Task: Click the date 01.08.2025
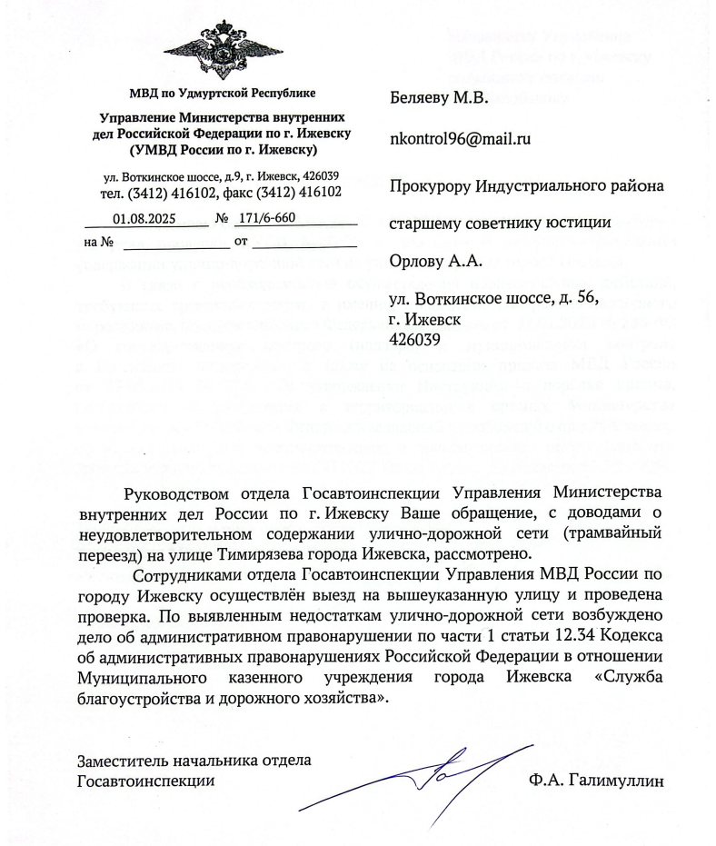tap(146, 218)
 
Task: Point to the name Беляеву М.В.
tap(439, 98)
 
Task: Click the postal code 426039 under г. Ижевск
tap(414, 339)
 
